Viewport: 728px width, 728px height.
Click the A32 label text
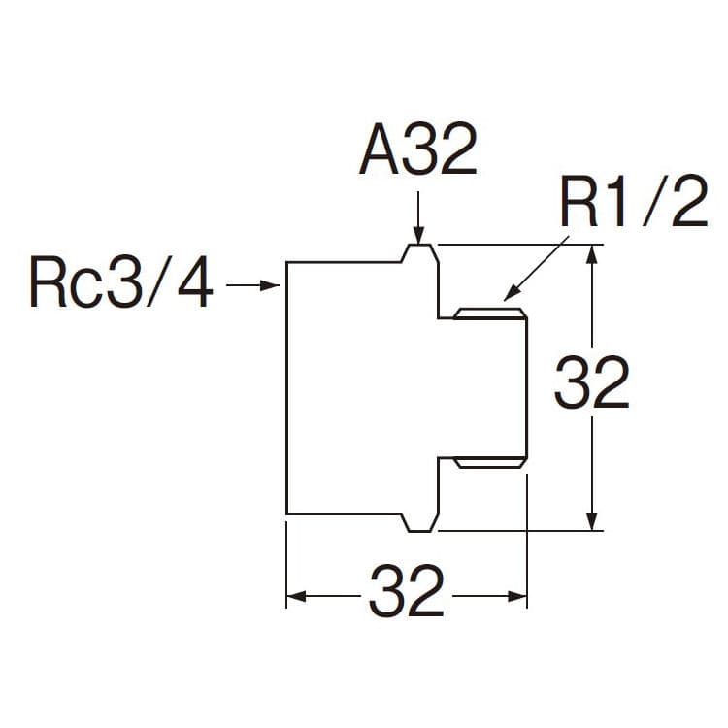(x=418, y=152)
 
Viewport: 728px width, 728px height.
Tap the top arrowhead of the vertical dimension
(x=592, y=254)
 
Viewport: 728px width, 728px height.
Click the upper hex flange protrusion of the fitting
(x=419, y=252)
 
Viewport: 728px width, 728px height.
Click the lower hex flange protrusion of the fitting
(x=419, y=523)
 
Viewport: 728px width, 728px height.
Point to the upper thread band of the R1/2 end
(x=490, y=314)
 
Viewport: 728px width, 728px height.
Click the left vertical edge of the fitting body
(x=286, y=388)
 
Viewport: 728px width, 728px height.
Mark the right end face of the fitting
(x=526, y=388)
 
